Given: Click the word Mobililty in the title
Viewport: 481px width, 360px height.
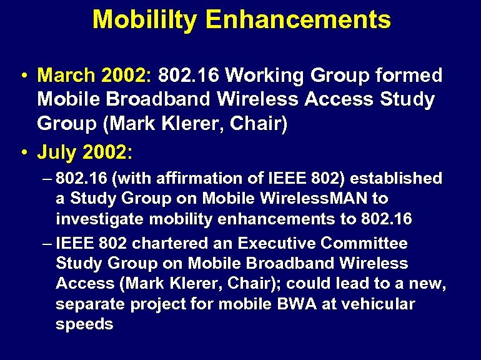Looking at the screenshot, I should tap(145, 19).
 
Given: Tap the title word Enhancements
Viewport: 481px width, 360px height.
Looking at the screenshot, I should tap(297, 19).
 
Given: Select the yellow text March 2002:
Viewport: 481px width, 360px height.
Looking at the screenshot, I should tap(94, 76).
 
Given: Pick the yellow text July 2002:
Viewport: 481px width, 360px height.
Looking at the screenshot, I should tap(86, 152).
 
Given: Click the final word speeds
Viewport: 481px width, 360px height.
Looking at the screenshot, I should tap(84, 325).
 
